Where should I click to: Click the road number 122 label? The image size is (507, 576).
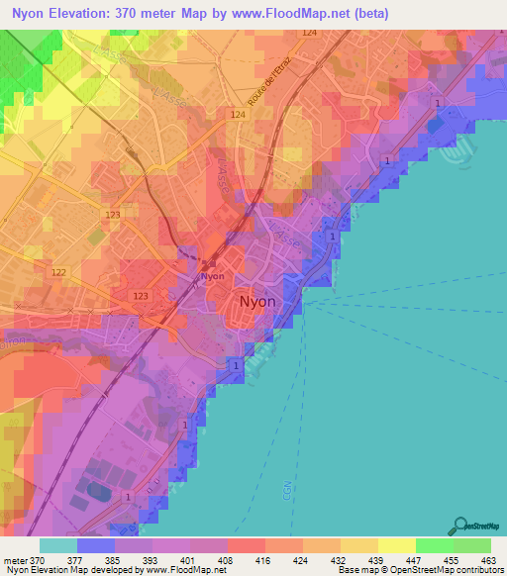point(59,272)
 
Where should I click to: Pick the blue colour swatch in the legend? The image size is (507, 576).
point(96,545)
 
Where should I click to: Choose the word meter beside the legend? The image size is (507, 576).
point(16,560)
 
